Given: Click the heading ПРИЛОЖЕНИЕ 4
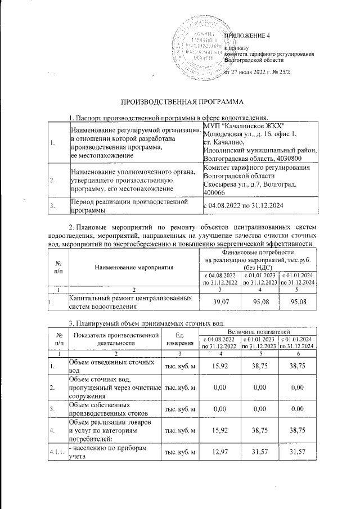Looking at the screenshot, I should click(247, 36).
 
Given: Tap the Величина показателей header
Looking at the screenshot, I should click(259, 334).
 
